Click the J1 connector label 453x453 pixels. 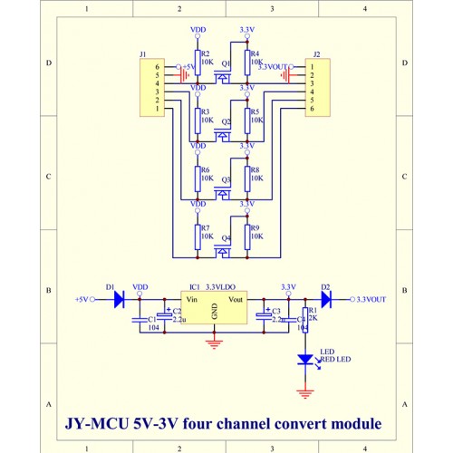pos(143,55)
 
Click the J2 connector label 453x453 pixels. pos(315,55)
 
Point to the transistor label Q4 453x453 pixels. pos(226,237)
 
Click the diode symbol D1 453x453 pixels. pos(119,298)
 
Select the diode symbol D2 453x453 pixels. pos(326,298)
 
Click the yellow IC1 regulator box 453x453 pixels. pos(215,310)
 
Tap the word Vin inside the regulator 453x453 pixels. pos(191,298)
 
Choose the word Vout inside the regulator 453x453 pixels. pos(236,298)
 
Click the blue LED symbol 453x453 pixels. pos(305,360)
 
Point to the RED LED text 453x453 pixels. pos(336,360)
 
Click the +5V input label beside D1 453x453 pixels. pos(82,299)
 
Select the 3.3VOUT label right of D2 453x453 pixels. pos(371,299)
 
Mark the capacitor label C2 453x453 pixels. pos(178,311)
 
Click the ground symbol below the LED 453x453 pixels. pos(305,392)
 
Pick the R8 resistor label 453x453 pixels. pos(255,169)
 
